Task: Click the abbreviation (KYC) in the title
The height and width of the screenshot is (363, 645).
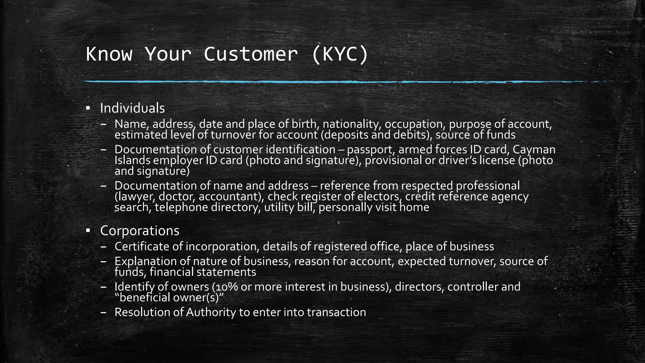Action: pos(340,54)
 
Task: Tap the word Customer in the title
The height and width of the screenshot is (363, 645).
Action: pos(251,54)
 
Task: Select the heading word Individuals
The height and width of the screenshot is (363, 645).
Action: pos(132,108)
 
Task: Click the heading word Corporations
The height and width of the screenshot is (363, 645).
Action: pos(140,231)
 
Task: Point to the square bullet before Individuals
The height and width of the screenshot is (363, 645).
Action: pos(88,108)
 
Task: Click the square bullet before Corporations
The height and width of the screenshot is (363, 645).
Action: pos(88,231)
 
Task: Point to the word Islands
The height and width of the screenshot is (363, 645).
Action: pos(132,160)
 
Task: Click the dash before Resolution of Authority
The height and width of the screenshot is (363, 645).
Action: pos(104,312)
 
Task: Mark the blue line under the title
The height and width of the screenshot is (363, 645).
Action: pos(315,82)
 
